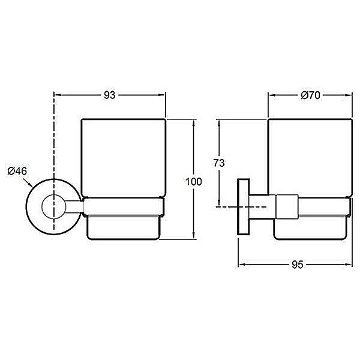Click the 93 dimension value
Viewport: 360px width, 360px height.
point(110,95)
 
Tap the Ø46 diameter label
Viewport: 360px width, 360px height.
point(17,171)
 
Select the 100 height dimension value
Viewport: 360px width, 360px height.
point(194,182)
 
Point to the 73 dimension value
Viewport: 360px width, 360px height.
point(219,163)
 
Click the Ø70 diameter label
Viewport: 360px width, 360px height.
point(310,95)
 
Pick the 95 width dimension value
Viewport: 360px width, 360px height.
point(298,265)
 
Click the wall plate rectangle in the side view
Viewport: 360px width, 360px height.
point(244,206)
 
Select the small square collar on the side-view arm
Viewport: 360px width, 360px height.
point(287,206)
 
